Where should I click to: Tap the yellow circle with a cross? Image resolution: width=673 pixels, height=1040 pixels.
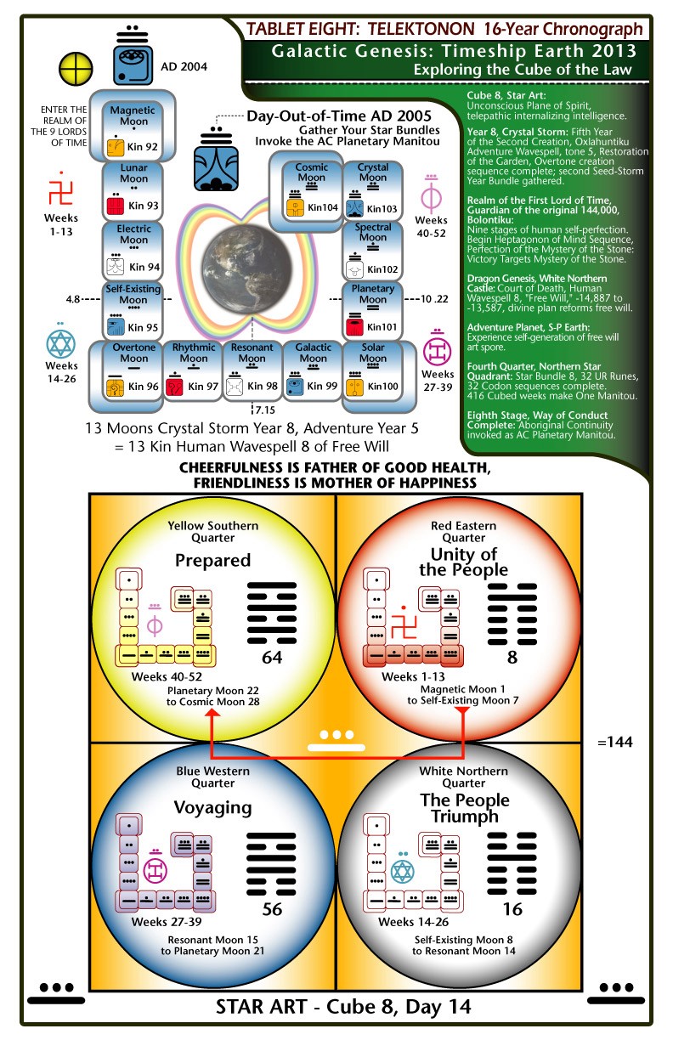pyautogui.click(x=76, y=69)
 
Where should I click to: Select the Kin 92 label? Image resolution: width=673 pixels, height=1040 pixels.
pyautogui.click(x=143, y=147)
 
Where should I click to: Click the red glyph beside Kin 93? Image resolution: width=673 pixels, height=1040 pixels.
pyautogui.click(x=116, y=205)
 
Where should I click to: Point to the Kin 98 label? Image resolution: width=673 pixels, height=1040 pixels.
pyautogui.click(x=263, y=386)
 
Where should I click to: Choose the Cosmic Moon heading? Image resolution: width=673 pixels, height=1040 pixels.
pyautogui.click(x=312, y=172)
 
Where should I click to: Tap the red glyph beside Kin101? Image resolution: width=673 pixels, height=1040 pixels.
pyautogui.click(x=354, y=326)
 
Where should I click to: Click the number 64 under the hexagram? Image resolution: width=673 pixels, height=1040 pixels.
pyautogui.click(x=272, y=658)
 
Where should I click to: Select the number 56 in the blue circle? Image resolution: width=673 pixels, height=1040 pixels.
pyautogui.click(x=272, y=909)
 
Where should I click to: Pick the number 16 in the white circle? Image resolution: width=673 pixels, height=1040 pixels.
pyautogui.click(x=512, y=909)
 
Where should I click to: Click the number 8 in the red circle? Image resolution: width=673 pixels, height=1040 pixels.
pyautogui.click(x=512, y=658)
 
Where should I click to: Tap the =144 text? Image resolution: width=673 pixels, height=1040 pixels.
pyautogui.click(x=615, y=742)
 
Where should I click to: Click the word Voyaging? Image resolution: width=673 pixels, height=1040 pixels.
pyautogui.click(x=212, y=808)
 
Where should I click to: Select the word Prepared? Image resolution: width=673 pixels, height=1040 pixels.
pyautogui.click(x=212, y=561)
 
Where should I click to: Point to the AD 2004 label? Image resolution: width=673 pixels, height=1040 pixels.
pyautogui.click(x=184, y=66)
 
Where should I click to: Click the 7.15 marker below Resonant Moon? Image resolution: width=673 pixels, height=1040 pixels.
pyautogui.click(x=265, y=410)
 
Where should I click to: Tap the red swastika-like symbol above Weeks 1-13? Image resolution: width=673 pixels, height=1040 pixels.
pyautogui.click(x=60, y=189)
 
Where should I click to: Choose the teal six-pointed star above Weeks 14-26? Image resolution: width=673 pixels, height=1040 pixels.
pyautogui.click(x=61, y=342)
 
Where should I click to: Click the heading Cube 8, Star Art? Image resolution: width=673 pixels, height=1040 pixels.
pyautogui.click(x=506, y=95)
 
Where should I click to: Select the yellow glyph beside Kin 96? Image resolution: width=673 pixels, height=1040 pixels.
pyautogui.click(x=116, y=387)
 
